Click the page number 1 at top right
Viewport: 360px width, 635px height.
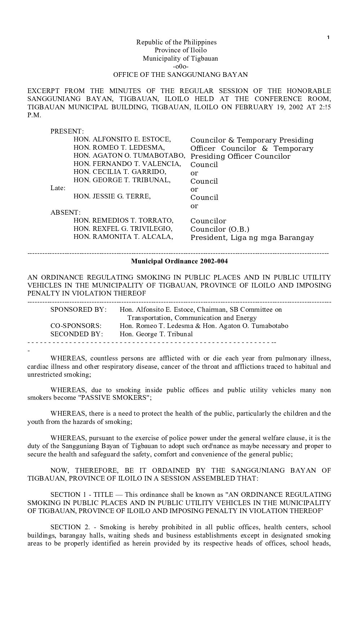pyautogui.click(x=328, y=37)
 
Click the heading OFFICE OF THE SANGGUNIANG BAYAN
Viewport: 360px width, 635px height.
pyautogui.click(x=180, y=75)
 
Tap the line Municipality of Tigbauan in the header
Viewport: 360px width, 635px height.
pyautogui.click(x=180, y=58)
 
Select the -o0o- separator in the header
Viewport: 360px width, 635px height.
pyautogui.click(x=180, y=66)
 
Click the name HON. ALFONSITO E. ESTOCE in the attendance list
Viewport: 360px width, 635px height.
pyautogui.click(x=122, y=139)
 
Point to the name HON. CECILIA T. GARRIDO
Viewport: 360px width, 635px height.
pyautogui.click(x=120, y=172)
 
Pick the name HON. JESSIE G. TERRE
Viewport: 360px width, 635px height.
pyautogui.click(x=112, y=196)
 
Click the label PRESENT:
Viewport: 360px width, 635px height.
pyautogui.click(x=67, y=131)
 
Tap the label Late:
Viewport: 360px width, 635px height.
pyautogui.click(x=58, y=188)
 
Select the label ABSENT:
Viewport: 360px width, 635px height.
pyautogui.click(x=66, y=213)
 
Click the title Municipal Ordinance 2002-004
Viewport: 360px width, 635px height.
pyautogui.click(x=179, y=261)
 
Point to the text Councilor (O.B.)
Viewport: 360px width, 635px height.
pyautogui.click(x=220, y=229)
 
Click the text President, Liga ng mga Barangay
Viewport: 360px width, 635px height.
pyautogui.click(x=252, y=237)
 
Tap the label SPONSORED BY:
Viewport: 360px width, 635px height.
pyautogui.click(x=79, y=310)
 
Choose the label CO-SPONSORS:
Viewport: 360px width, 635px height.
pyautogui.click(x=76, y=326)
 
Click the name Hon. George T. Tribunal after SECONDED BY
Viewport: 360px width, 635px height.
pyautogui.click(x=156, y=334)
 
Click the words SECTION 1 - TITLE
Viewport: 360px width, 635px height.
pyautogui.click(x=82, y=495)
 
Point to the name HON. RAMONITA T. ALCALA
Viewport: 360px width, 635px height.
pyautogui.click(x=123, y=237)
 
